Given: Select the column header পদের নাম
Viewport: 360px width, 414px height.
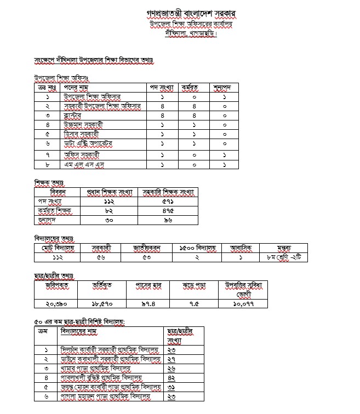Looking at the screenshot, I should coord(77,87).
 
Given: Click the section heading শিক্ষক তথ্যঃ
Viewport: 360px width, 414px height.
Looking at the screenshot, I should coord(50,182).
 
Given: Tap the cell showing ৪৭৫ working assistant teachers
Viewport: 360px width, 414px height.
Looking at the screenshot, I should coord(167,211).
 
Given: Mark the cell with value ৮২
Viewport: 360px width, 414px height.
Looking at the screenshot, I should coord(108,211).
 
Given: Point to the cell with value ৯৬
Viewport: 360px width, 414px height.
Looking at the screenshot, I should coord(167,221).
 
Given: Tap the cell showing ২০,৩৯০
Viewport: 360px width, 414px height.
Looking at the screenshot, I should coord(55,303).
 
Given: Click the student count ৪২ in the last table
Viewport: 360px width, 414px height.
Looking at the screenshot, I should coord(172,378).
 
